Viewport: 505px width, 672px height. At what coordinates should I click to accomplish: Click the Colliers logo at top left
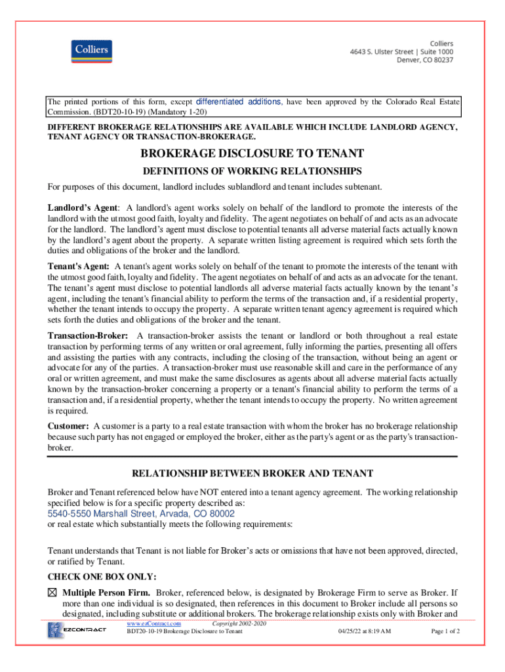(91, 51)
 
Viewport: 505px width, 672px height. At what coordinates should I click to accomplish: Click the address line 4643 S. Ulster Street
(410, 51)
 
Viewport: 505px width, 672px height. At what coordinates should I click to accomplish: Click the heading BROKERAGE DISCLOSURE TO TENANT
(253, 154)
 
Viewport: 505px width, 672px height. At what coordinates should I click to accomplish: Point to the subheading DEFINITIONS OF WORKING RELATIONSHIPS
(253, 171)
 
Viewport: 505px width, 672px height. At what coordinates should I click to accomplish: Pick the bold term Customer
(68, 426)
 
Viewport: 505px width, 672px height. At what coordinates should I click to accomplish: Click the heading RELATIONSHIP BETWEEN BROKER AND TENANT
(253, 473)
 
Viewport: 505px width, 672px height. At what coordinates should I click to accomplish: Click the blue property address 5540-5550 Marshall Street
(141, 514)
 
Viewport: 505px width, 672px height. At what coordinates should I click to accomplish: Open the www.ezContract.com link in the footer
(154, 623)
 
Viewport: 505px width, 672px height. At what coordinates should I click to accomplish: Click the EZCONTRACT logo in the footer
(77, 631)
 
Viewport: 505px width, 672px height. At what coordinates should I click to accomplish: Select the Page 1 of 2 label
(445, 631)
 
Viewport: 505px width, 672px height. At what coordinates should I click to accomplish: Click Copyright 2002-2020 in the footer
(239, 623)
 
